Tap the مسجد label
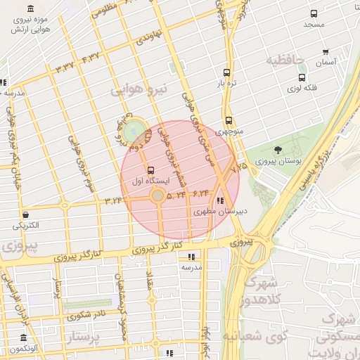[x=314, y=25]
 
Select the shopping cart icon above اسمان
[x=326, y=52]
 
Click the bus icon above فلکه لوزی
[x=302, y=78]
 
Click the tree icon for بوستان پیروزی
[x=278, y=150]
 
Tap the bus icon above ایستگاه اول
[x=150, y=169]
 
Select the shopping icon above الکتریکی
[x=25, y=214]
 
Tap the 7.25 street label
[x=239, y=167]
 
